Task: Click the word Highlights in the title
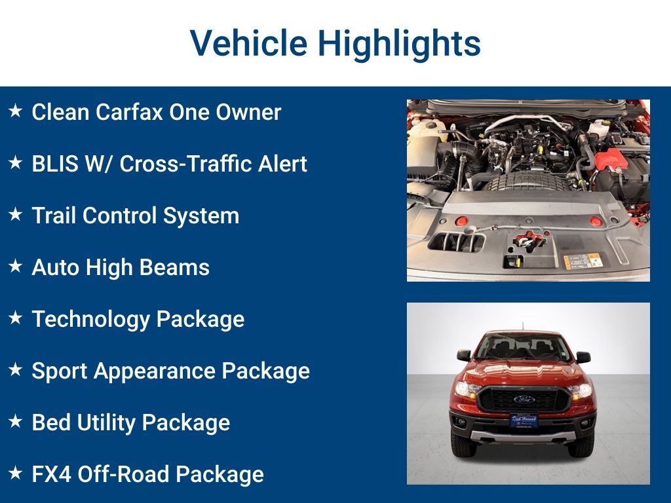click(399, 44)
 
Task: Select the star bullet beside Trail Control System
click(15, 215)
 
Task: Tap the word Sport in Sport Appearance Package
click(60, 371)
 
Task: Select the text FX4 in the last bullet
click(52, 474)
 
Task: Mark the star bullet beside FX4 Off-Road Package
click(15, 474)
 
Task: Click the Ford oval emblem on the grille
click(524, 399)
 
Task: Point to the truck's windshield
click(524, 348)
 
